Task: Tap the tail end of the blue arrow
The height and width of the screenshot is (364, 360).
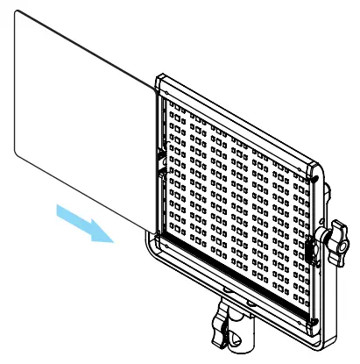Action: [x=54, y=207]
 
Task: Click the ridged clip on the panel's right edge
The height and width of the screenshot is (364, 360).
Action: [x=313, y=249]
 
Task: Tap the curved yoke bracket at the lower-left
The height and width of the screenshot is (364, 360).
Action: [x=154, y=255]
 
